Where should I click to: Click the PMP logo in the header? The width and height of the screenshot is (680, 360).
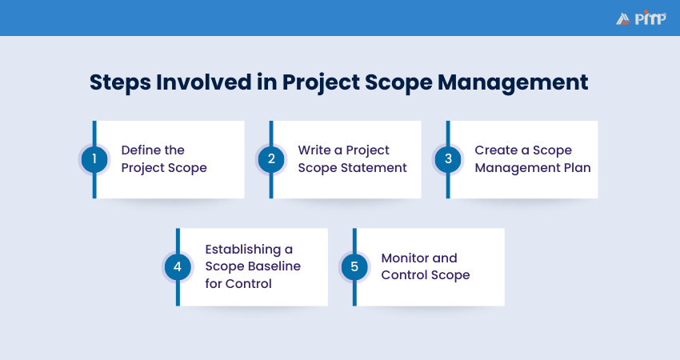tap(641, 18)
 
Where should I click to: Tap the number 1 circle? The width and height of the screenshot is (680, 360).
tap(94, 159)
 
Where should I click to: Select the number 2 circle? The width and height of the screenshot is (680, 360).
tap(271, 159)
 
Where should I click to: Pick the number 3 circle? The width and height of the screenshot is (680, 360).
tap(448, 159)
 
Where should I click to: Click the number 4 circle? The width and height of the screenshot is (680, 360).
tap(178, 266)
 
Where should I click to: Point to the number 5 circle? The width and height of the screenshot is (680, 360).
tap(354, 266)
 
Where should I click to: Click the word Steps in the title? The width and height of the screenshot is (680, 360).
tap(120, 83)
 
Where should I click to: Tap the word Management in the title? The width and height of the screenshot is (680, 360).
tap(513, 82)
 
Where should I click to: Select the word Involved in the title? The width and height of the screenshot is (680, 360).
tap(204, 82)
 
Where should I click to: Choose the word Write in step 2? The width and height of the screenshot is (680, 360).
tap(314, 150)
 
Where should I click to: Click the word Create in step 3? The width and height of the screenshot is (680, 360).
tap(496, 150)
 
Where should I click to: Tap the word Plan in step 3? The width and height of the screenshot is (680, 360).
tap(578, 167)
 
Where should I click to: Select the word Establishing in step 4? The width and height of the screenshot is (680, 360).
tap(243, 250)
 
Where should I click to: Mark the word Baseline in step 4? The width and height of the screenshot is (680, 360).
tap(274, 266)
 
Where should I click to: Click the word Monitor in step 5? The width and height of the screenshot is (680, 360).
tap(405, 258)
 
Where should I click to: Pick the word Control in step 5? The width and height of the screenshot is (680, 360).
tap(404, 274)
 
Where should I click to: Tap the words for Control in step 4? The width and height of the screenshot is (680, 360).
tap(238, 283)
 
